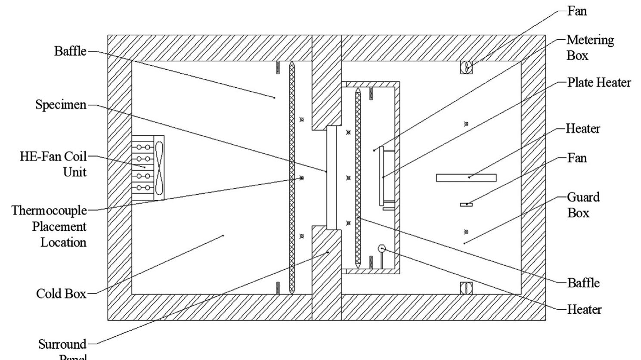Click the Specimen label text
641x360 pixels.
tap(61, 105)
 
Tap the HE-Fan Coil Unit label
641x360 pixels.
tap(53, 164)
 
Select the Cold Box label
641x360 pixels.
tap(61, 294)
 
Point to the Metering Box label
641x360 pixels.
tap(590, 47)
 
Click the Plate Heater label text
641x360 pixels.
tap(599, 82)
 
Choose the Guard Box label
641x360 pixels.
tap(583, 205)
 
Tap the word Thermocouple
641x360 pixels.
tap(49, 211)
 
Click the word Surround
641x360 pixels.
tap(62, 344)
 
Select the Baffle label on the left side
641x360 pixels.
tap(70, 51)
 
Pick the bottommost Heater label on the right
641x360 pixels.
tap(584, 309)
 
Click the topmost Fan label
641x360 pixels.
tap(577, 11)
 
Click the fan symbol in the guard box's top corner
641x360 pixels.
tap(466, 67)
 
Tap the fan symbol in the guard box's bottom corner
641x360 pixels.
tap(466, 288)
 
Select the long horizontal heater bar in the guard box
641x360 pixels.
tap(466, 178)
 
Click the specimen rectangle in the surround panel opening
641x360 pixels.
tap(331, 177)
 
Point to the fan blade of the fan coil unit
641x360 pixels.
tap(159, 168)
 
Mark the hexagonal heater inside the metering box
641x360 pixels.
tap(381, 248)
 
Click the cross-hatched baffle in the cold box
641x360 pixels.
tap(292, 177)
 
